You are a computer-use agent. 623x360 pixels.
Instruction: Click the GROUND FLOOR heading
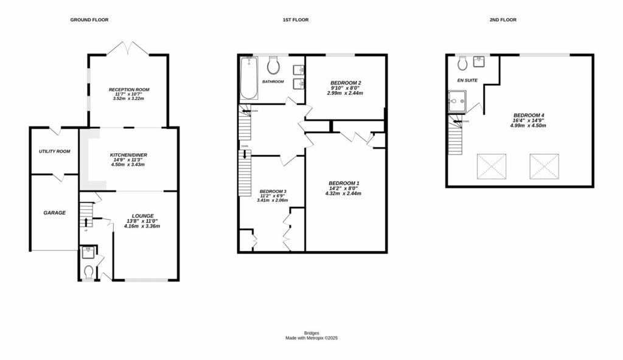point(89,20)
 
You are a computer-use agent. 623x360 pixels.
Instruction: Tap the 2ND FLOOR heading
point(503,20)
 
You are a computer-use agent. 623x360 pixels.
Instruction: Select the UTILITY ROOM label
point(54,151)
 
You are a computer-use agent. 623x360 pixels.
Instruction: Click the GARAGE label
point(54,213)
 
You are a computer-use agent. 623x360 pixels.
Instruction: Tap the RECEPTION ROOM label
point(129,89)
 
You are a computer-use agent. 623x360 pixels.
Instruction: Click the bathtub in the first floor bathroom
point(248,78)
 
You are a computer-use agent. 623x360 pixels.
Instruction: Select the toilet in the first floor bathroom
point(273,64)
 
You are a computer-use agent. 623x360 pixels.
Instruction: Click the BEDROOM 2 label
point(346,83)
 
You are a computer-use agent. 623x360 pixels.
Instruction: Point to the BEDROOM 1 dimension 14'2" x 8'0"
point(345,189)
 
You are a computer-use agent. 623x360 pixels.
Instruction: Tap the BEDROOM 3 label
point(273,191)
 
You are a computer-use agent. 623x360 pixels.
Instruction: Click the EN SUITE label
point(467,80)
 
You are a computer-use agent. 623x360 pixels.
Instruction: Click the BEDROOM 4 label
point(529,116)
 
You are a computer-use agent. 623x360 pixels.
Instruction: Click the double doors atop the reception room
point(129,49)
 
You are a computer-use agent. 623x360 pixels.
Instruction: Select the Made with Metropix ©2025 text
point(311,338)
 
